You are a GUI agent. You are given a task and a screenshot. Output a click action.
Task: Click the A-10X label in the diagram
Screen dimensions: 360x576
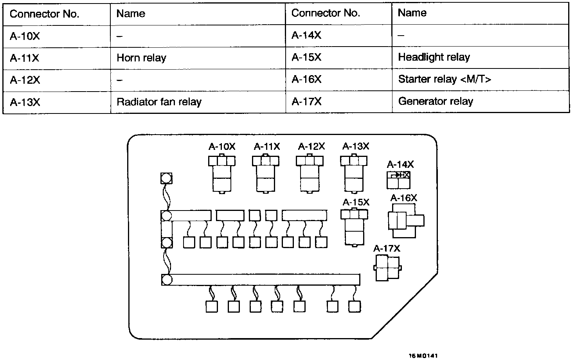pyautogui.click(x=222, y=147)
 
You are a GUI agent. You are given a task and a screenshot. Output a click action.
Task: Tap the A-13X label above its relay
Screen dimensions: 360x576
pyautogui.click(x=356, y=146)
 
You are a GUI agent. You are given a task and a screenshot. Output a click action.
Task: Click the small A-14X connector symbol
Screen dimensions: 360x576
pyautogui.click(x=398, y=180)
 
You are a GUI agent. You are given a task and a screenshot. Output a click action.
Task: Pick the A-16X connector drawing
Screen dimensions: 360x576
pyautogui.click(x=405, y=221)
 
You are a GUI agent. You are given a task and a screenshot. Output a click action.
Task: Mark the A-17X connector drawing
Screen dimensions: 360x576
pyautogui.click(x=387, y=268)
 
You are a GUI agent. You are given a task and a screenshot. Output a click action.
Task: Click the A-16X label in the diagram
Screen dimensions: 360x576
pyautogui.click(x=404, y=198)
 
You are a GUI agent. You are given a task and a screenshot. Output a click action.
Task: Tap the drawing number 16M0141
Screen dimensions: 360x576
pyautogui.click(x=423, y=356)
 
